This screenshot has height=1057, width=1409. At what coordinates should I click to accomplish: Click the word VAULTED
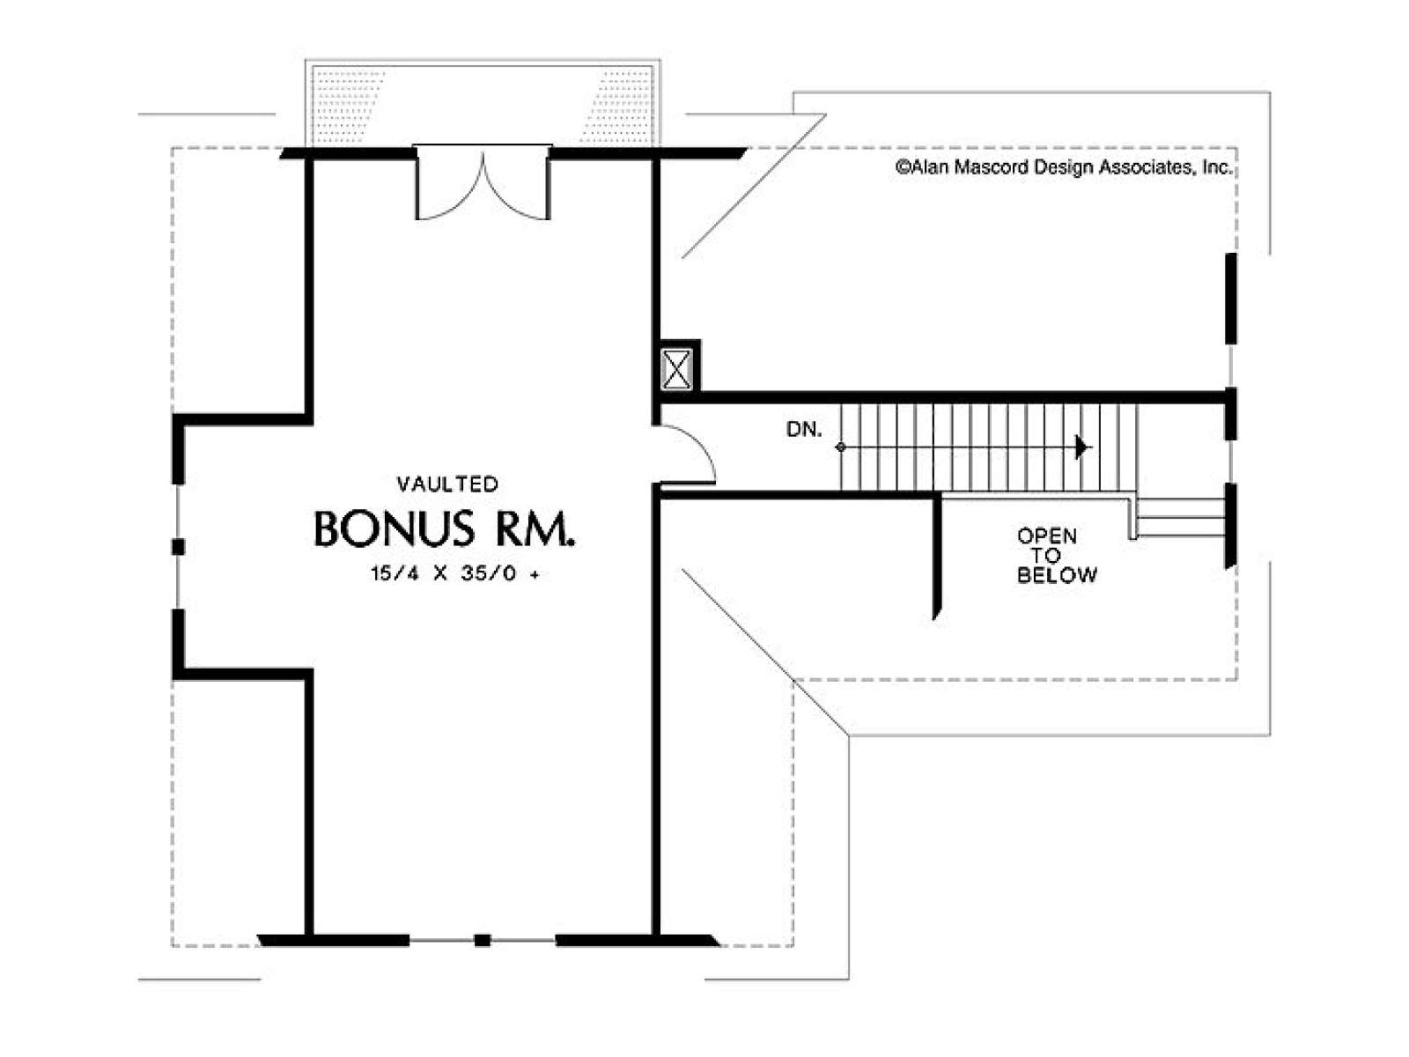click(446, 484)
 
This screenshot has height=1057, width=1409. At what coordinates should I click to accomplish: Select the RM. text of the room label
click(534, 528)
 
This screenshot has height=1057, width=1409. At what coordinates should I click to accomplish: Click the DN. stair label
click(804, 429)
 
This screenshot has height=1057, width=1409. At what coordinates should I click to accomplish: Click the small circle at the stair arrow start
click(840, 447)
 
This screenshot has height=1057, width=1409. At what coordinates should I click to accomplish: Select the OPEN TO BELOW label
click(1057, 555)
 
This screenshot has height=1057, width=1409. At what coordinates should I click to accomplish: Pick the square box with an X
click(676, 369)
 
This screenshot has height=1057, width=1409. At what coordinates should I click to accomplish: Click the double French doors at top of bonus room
click(483, 183)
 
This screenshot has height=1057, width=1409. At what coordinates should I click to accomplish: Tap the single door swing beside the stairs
click(688, 455)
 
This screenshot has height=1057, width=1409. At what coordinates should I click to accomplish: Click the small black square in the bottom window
click(482, 941)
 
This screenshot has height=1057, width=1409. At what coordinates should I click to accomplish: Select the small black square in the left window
click(179, 547)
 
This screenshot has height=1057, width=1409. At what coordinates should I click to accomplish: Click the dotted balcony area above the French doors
click(483, 105)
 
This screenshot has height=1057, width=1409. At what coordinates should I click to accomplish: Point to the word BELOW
click(1058, 575)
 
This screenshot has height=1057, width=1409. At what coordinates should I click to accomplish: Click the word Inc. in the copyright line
click(1217, 167)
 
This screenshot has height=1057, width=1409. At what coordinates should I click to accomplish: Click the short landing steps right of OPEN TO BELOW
click(1178, 517)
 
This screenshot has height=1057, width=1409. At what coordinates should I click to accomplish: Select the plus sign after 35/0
click(534, 574)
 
